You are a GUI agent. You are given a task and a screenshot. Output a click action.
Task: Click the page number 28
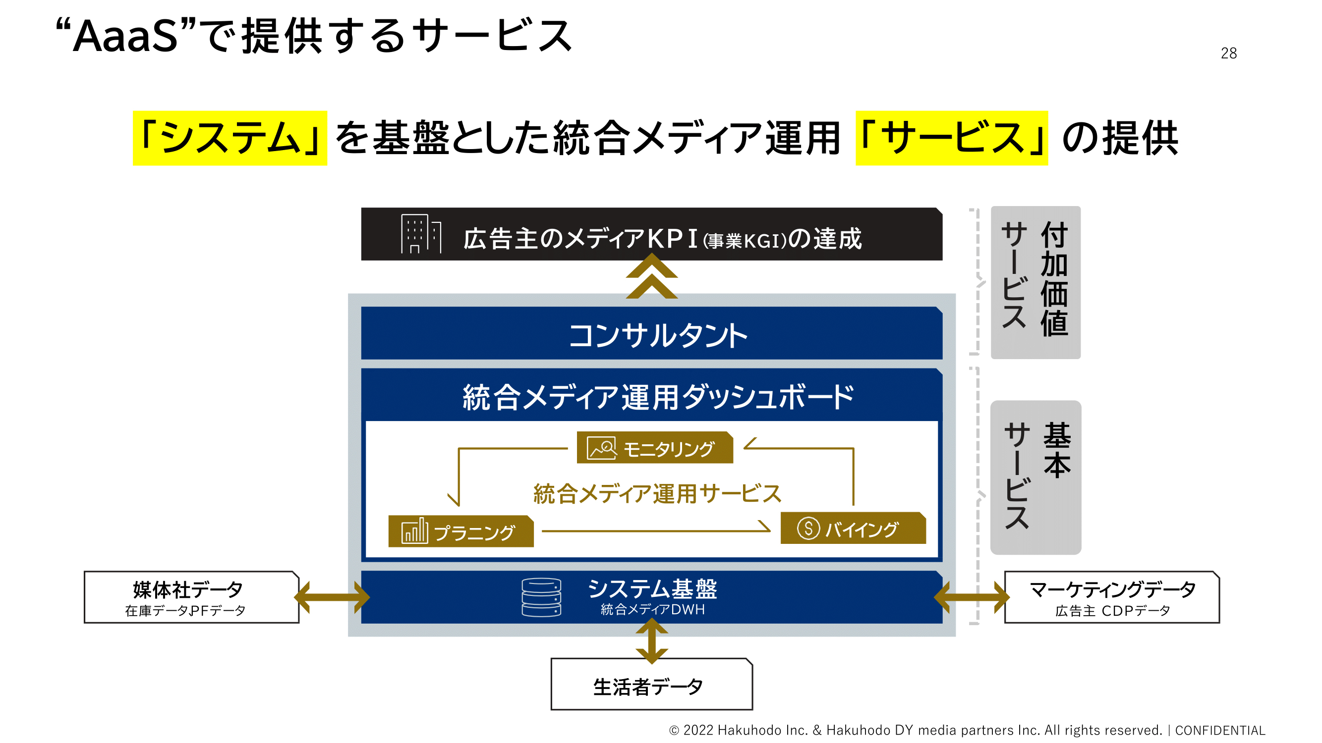click(1229, 53)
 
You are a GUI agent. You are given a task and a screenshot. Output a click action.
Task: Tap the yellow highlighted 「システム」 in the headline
click(230, 138)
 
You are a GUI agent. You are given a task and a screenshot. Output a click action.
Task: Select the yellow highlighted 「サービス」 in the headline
click(951, 138)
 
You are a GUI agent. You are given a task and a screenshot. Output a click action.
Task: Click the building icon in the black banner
click(421, 234)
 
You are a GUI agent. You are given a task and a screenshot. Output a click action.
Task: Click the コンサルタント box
click(652, 333)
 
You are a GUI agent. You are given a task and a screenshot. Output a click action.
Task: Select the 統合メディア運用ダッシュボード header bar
click(652, 395)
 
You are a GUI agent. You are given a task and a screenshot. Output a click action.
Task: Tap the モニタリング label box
click(655, 448)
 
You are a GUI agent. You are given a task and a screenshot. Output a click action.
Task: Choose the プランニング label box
click(461, 531)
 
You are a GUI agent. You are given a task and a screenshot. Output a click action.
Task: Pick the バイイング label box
click(853, 528)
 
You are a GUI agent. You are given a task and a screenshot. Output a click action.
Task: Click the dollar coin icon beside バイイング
click(808, 528)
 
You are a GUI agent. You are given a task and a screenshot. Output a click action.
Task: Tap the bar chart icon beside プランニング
click(414, 530)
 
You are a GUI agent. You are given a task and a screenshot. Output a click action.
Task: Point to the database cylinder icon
click(541, 597)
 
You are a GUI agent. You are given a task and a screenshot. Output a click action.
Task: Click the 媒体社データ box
click(191, 597)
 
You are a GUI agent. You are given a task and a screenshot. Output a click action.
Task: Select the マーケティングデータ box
click(1112, 597)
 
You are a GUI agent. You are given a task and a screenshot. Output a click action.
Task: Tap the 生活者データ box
click(652, 685)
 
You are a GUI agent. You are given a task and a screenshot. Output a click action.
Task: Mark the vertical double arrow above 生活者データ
click(652, 641)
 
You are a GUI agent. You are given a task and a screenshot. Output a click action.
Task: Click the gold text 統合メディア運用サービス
click(657, 494)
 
